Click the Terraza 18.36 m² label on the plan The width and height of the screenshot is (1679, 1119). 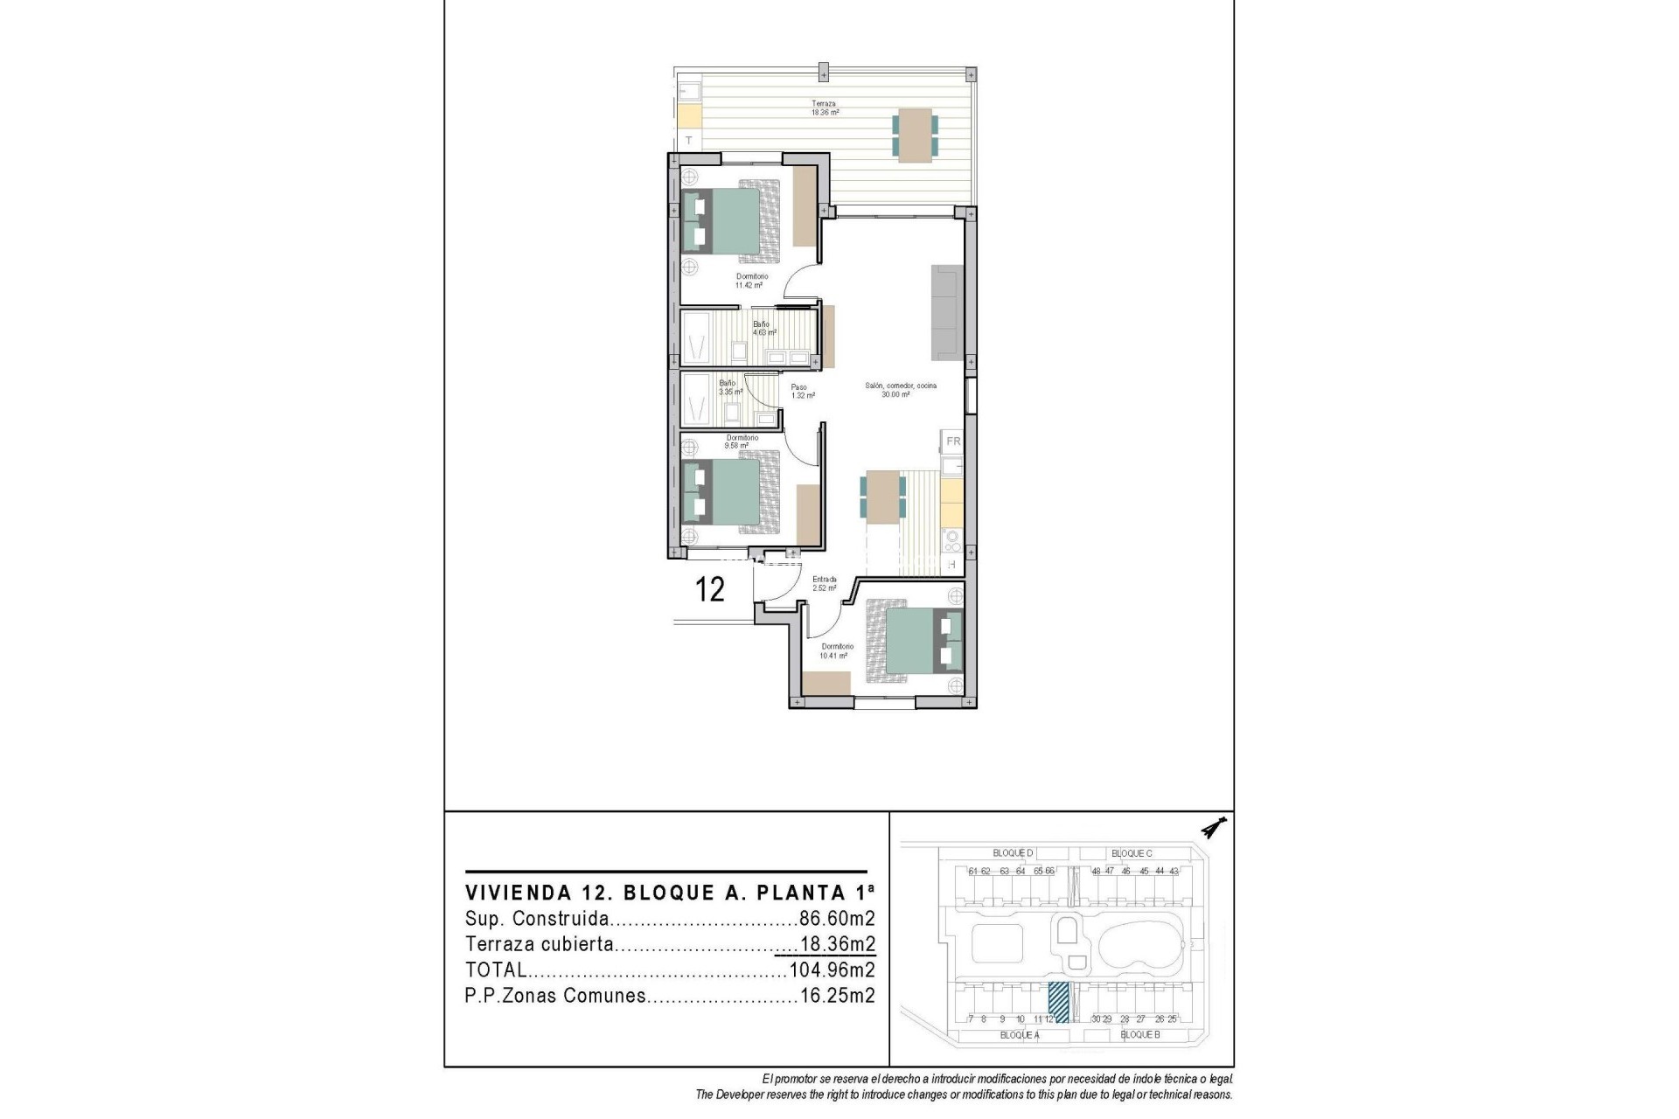825,108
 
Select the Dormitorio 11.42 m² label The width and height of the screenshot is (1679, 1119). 750,281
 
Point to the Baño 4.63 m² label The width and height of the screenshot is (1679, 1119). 763,328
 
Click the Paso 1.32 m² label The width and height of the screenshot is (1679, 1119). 802,391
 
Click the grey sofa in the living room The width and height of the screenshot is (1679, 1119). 946,312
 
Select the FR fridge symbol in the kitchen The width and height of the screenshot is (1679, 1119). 952,441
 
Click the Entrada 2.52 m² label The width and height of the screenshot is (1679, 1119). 824,583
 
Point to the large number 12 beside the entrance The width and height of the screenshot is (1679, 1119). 710,589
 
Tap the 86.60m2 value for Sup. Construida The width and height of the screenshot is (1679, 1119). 836,919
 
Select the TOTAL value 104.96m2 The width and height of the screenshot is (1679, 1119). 832,970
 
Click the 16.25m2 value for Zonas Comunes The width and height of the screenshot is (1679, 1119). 837,995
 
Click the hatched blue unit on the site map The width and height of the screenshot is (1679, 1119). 1059,1002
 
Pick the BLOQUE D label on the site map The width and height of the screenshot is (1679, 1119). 1013,852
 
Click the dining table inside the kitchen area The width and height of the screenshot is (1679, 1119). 883,497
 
